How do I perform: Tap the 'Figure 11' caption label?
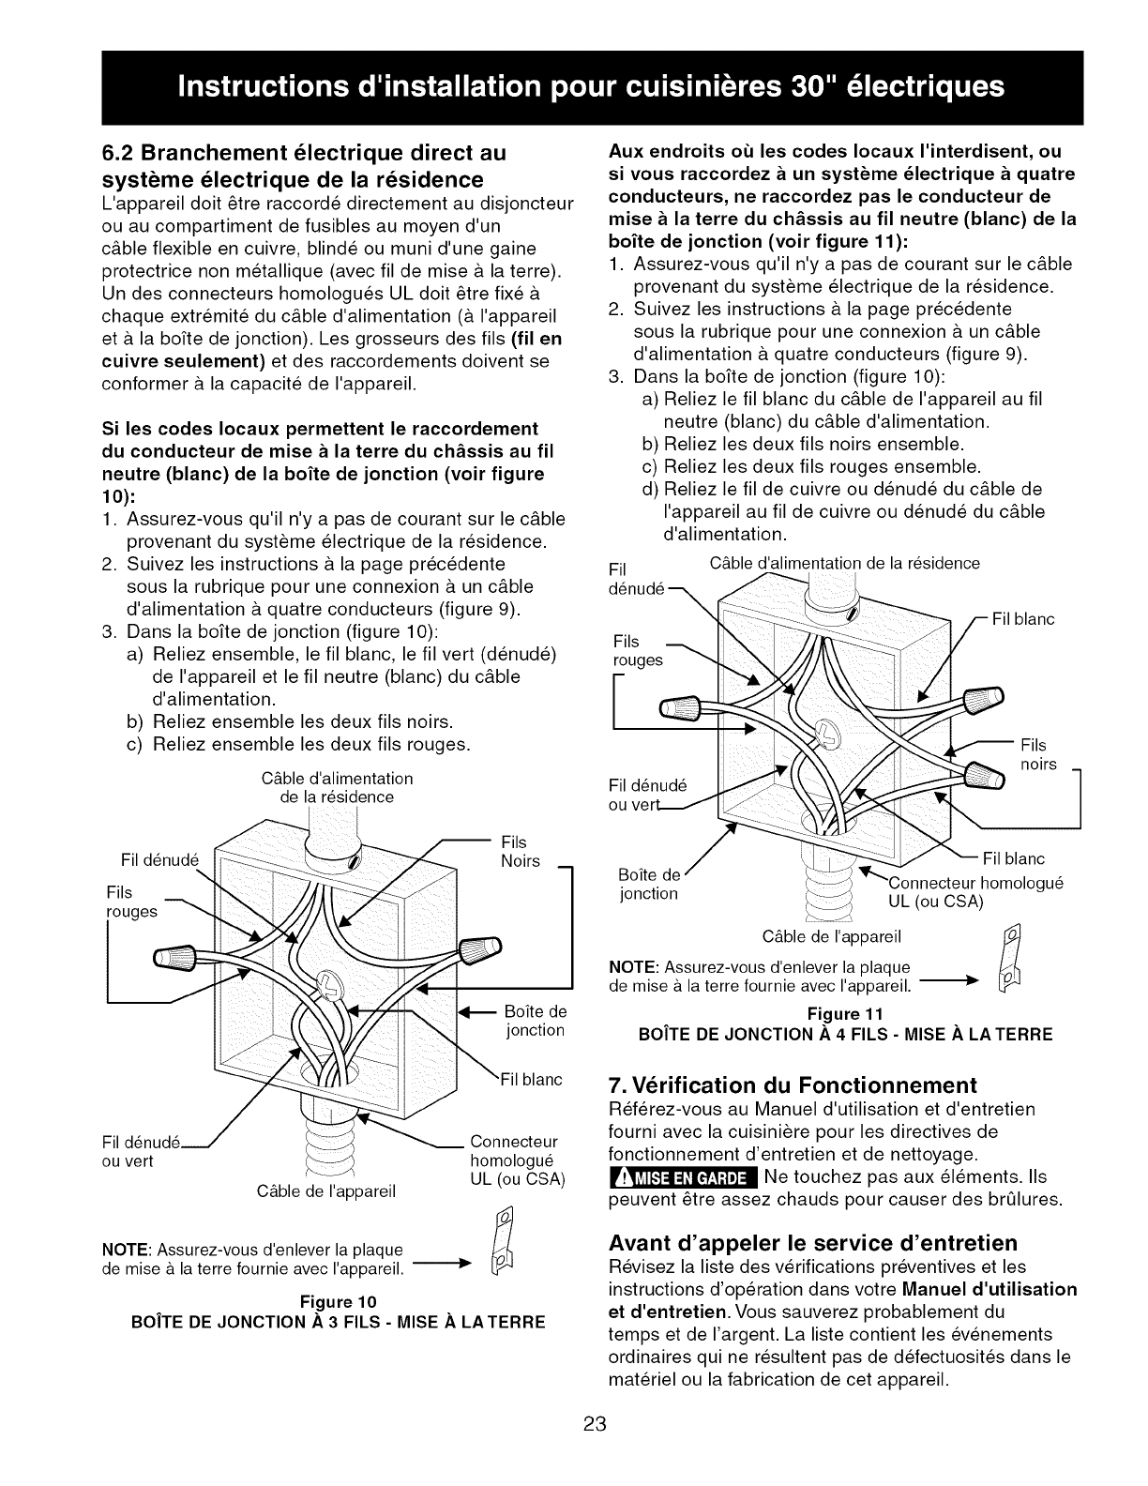[x=844, y=1014]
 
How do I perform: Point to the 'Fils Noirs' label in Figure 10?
[x=521, y=851]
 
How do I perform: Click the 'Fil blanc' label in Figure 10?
[x=529, y=1080]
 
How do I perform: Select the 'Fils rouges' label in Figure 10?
[x=132, y=901]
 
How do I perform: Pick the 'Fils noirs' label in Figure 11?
[x=1038, y=754]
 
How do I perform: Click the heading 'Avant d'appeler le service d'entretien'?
[x=813, y=1243]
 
